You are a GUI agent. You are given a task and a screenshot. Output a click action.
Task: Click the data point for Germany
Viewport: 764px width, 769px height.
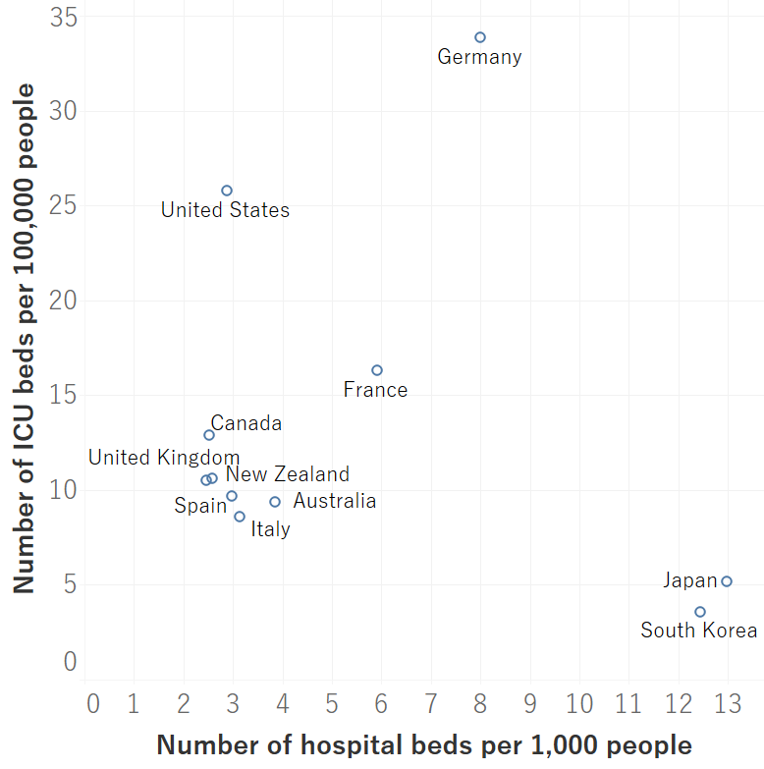click(480, 37)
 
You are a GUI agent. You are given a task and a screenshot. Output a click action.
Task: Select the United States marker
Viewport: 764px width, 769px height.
click(227, 191)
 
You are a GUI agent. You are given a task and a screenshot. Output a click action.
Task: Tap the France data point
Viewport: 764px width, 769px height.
click(377, 370)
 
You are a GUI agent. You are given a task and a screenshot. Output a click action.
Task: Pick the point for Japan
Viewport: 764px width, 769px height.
click(727, 581)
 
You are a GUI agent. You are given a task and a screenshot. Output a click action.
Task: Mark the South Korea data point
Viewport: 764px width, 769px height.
click(700, 612)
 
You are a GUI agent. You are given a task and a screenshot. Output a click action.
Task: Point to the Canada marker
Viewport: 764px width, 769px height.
click(209, 435)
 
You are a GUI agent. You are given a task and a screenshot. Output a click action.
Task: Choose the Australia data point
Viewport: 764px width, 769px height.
click(275, 502)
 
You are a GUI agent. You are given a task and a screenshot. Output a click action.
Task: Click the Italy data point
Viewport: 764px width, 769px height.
click(240, 517)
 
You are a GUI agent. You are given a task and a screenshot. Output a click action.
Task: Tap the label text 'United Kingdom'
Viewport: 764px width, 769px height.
click(164, 458)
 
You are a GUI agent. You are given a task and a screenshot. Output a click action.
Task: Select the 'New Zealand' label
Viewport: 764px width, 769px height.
click(288, 475)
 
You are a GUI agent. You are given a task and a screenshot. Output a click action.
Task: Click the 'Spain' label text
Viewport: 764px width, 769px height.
click(200, 506)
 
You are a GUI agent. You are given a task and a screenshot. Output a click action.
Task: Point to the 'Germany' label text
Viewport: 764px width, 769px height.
click(479, 57)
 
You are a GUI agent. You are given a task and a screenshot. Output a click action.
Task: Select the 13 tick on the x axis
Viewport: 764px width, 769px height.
click(727, 704)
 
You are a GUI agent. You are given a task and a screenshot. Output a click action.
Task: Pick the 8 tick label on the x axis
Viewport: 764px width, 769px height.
click(479, 704)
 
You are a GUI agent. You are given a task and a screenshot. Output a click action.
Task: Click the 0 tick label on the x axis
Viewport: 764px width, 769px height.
click(93, 704)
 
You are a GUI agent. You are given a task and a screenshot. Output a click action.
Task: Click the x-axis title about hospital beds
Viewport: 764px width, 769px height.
click(423, 745)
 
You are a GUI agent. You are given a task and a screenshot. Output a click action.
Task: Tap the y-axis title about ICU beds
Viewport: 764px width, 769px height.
click(24, 339)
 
